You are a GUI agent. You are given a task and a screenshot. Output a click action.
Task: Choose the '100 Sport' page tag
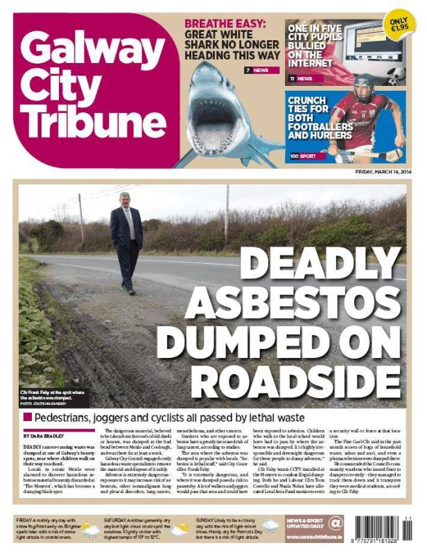[304, 156]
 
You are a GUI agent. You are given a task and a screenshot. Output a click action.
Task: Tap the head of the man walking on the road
[125, 198]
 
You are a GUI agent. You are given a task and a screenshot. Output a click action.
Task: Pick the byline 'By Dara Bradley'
[42, 437]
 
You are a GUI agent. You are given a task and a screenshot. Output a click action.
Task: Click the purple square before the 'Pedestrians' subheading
[27, 418]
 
